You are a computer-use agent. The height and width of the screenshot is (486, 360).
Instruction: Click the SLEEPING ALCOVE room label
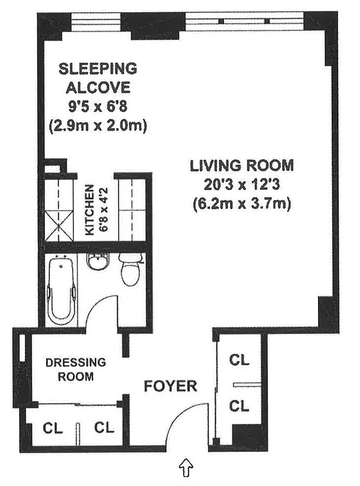coord(97,76)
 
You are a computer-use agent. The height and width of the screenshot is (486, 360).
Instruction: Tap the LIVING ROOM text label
coord(241,165)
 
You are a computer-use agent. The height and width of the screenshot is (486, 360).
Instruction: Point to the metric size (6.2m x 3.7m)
coord(241,204)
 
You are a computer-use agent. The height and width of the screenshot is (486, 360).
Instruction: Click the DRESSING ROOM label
coord(75,369)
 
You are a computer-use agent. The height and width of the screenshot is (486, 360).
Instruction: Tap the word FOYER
coord(170,386)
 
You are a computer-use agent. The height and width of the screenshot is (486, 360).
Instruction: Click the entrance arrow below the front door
coord(187,468)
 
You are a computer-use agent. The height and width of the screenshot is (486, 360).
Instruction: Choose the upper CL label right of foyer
coord(239,360)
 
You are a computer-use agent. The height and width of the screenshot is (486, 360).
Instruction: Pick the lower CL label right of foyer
coord(239,405)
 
